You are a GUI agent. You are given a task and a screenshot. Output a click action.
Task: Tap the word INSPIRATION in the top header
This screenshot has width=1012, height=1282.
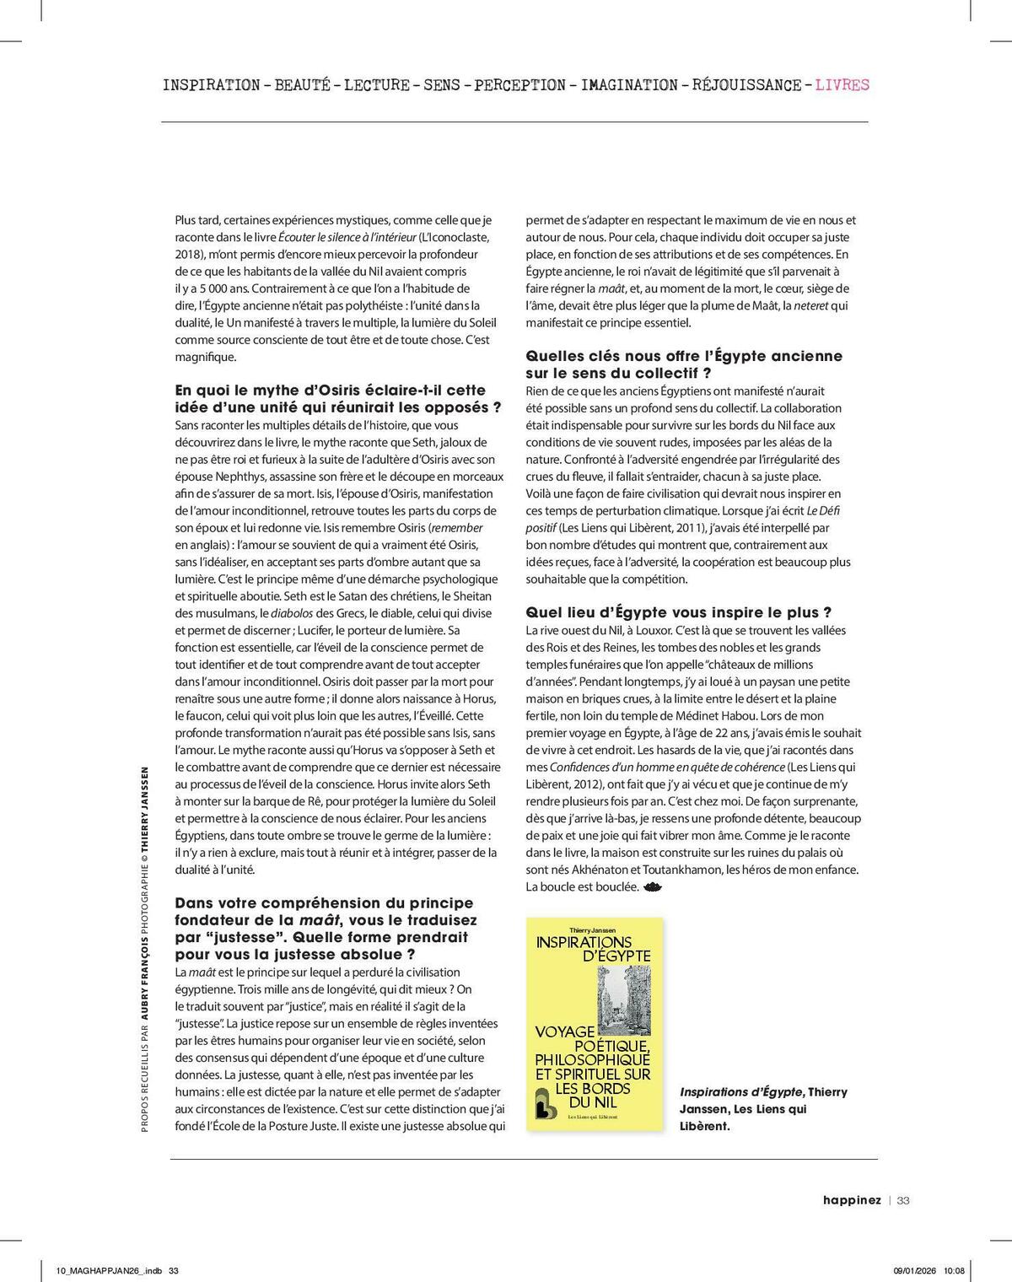coord(211,85)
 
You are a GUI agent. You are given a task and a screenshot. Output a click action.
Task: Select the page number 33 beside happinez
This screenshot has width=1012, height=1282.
coord(903,1200)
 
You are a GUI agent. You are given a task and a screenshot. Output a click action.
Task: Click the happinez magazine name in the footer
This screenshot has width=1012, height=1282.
coord(852,1200)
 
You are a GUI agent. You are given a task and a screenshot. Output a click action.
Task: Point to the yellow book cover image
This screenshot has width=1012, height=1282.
coord(594,1024)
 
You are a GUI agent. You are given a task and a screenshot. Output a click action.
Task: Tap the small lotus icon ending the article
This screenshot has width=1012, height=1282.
coord(653,886)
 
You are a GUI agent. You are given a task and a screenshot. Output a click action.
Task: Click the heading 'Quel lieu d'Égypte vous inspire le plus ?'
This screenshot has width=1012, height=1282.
coord(679,612)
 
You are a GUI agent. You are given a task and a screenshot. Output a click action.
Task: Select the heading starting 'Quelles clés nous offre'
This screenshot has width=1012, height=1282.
coord(683,364)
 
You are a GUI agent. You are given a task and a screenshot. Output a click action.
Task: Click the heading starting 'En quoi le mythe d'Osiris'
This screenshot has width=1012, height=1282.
coord(337,398)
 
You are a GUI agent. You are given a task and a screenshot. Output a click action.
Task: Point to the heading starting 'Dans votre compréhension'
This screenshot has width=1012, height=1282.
coord(326,928)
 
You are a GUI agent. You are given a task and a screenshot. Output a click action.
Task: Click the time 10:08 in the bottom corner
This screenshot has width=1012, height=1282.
coord(954,1270)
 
